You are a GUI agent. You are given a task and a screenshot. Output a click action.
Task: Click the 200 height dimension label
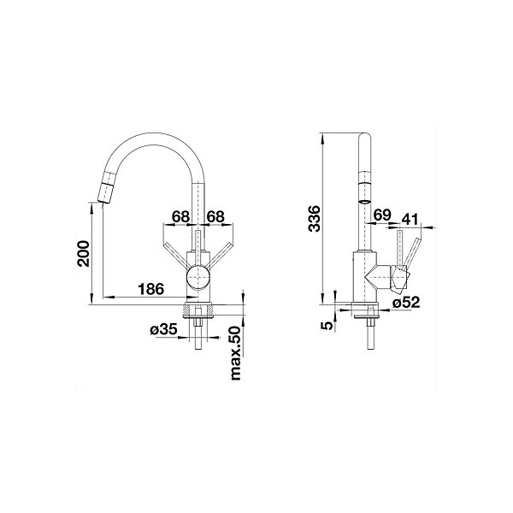(83, 254)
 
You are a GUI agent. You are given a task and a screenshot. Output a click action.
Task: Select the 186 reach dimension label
(150, 289)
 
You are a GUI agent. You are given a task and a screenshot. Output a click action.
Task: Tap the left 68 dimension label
(181, 216)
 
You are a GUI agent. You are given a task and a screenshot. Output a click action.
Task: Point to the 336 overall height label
(314, 218)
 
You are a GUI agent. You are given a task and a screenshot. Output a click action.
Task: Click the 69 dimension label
(382, 215)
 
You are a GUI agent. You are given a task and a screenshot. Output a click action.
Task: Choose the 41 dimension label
(410, 220)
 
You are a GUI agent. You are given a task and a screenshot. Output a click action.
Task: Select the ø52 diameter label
(405, 303)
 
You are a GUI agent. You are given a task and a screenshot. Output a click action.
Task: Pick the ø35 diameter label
(163, 330)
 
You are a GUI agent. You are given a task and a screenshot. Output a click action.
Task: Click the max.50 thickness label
(235, 353)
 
